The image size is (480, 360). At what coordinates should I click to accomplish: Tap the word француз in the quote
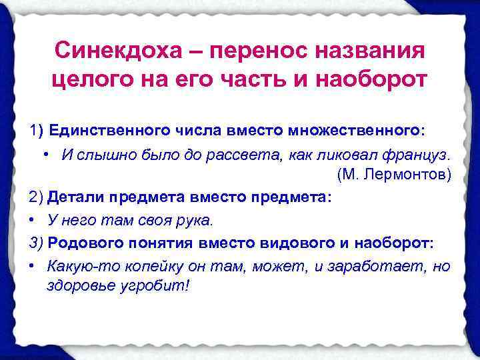point(417,155)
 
